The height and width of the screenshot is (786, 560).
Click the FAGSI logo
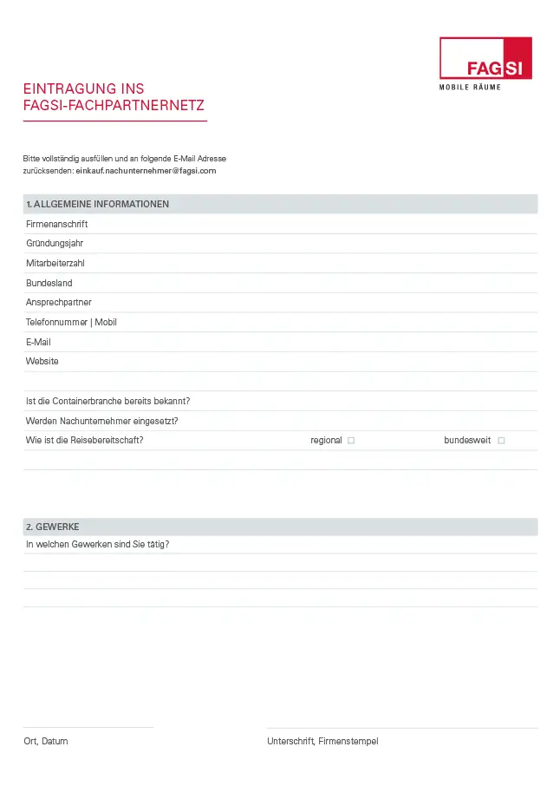[x=485, y=58]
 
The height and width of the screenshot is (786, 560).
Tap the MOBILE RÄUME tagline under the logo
[x=485, y=88]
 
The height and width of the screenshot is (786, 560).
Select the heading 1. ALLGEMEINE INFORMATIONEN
[x=97, y=205]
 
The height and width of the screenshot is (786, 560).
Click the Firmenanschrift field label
[x=56, y=224]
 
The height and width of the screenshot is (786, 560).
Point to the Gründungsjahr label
[x=55, y=244]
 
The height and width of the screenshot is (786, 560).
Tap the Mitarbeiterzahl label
[x=55, y=263]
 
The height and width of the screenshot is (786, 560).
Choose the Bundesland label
[x=49, y=283]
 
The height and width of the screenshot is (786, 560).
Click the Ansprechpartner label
[x=59, y=302]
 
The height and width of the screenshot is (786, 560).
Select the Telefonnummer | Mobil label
[x=71, y=322]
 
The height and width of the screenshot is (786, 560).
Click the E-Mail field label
[x=38, y=342]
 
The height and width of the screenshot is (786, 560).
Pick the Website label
[x=42, y=361]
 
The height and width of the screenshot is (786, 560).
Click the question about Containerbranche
[x=108, y=401]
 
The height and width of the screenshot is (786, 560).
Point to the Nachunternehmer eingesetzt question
[x=102, y=421]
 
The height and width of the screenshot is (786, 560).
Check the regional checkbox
[x=351, y=441]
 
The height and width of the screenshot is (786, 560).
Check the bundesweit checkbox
[x=501, y=441]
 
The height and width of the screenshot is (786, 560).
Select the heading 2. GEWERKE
[x=53, y=527]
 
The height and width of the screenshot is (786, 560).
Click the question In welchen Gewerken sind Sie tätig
[x=98, y=544]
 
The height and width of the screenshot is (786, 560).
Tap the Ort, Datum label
[x=46, y=741]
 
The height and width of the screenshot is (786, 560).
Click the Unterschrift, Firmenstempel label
[x=322, y=741]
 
